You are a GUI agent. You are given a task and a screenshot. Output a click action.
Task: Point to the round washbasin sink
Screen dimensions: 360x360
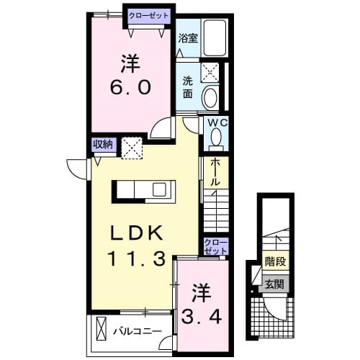pos(212,97)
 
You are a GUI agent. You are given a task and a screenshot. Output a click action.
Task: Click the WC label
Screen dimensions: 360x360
pos(217,124)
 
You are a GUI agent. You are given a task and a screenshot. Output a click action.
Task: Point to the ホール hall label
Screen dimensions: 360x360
pos(215,172)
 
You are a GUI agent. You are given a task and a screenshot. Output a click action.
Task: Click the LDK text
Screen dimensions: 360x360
pos(140,233)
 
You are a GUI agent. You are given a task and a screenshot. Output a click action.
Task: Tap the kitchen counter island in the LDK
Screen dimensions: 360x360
pos(142,190)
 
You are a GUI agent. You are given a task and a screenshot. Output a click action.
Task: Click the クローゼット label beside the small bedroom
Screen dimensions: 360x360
pos(215,246)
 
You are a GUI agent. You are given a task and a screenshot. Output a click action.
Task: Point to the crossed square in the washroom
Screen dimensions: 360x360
pos(212,71)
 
